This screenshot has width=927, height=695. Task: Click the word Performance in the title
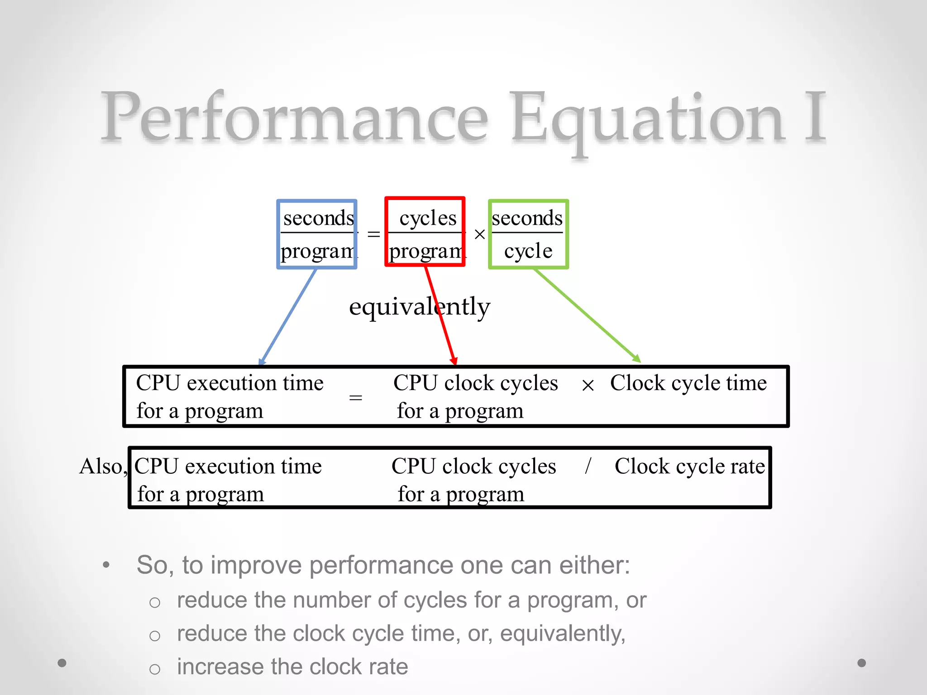point(294,118)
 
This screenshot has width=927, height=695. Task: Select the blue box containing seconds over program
point(317,234)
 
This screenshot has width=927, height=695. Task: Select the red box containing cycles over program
point(425,232)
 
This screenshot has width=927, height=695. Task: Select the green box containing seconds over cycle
point(528,234)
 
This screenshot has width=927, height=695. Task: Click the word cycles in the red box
point(428,218)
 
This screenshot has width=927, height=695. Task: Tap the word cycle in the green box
point(528,251)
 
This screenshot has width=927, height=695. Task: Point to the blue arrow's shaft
point(288,317)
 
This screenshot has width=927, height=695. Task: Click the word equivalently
point(420,307)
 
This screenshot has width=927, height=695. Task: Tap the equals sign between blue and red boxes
point(373,234)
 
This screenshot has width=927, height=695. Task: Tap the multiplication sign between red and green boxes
point(480,234)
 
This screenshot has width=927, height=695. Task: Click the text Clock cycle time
point(688,383)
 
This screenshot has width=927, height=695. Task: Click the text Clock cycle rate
point(689,467)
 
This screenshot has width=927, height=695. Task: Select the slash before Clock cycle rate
point(588,466)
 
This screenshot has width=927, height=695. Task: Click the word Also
point(101,467)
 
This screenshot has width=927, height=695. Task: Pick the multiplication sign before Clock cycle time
point(588,386)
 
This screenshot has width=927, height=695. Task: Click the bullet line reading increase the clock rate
point(292,667)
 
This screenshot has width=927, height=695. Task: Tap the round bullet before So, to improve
point(106,565)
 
